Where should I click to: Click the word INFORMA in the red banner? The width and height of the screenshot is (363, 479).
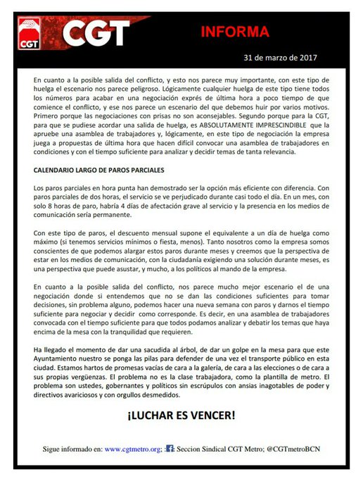tap(235, 32)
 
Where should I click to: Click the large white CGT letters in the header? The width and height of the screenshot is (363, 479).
tap(97, 32)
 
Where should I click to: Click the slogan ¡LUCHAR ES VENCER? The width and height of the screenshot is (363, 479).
tap(181, 416)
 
